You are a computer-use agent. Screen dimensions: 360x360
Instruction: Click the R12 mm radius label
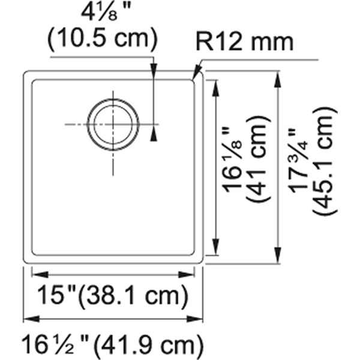[245, 43]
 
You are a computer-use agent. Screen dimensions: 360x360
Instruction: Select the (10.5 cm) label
[103, 38]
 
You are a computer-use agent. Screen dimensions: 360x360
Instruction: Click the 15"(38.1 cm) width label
[113, 295]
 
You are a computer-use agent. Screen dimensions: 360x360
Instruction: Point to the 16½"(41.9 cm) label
[113, 344]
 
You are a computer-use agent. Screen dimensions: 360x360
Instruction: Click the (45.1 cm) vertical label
[325, 161]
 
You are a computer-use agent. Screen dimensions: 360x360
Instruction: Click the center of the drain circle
[113, 124]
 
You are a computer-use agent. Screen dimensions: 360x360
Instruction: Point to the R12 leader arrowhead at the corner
[196, 73]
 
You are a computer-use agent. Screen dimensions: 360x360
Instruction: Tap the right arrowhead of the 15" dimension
[186, 274]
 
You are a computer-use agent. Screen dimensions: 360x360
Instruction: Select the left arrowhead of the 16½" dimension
[32, 319]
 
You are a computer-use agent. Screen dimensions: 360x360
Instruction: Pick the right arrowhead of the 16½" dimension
[194, 319]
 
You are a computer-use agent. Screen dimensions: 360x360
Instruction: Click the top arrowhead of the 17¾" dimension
[278, 80]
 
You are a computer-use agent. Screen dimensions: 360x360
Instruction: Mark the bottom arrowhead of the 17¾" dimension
[278, 254]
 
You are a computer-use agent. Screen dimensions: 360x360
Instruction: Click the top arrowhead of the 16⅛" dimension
[215, 88]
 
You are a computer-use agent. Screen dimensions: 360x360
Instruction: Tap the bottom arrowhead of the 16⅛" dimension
[215, 247]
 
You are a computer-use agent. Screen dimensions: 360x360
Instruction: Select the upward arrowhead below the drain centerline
[154, 133]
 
